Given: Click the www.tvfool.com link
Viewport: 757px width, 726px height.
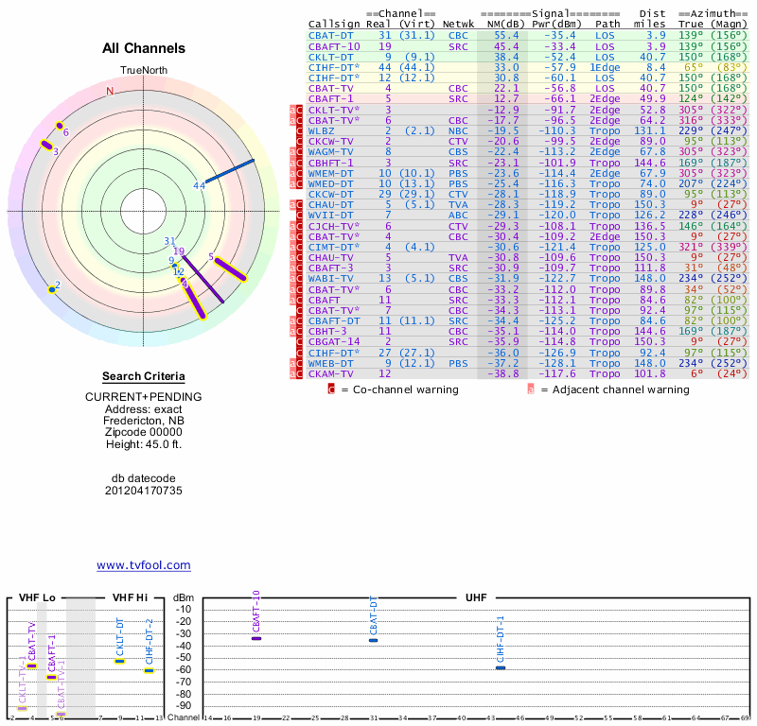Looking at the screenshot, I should point(144,565).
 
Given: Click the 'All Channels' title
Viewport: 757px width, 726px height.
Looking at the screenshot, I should point(144,48).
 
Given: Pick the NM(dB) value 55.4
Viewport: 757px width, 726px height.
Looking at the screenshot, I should point(506,35).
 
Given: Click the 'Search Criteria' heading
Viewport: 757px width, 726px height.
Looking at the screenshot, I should point(144,376).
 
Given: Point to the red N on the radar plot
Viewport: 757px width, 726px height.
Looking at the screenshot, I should point(110,92).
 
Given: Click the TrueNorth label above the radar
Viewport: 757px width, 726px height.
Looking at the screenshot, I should point(144,72).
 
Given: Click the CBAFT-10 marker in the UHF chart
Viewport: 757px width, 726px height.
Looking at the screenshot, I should point(255,639).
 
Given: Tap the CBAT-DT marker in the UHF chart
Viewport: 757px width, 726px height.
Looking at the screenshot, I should point(373,640).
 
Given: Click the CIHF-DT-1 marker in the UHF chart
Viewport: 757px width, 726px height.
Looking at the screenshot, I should point(501,667).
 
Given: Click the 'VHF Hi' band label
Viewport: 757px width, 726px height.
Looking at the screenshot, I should point(129,598).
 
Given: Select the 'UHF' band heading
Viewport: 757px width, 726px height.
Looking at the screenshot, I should point(476,598).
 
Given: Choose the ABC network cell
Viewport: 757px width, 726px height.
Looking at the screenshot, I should point(459,215).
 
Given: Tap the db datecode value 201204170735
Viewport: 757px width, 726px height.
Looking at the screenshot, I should point(144,491).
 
